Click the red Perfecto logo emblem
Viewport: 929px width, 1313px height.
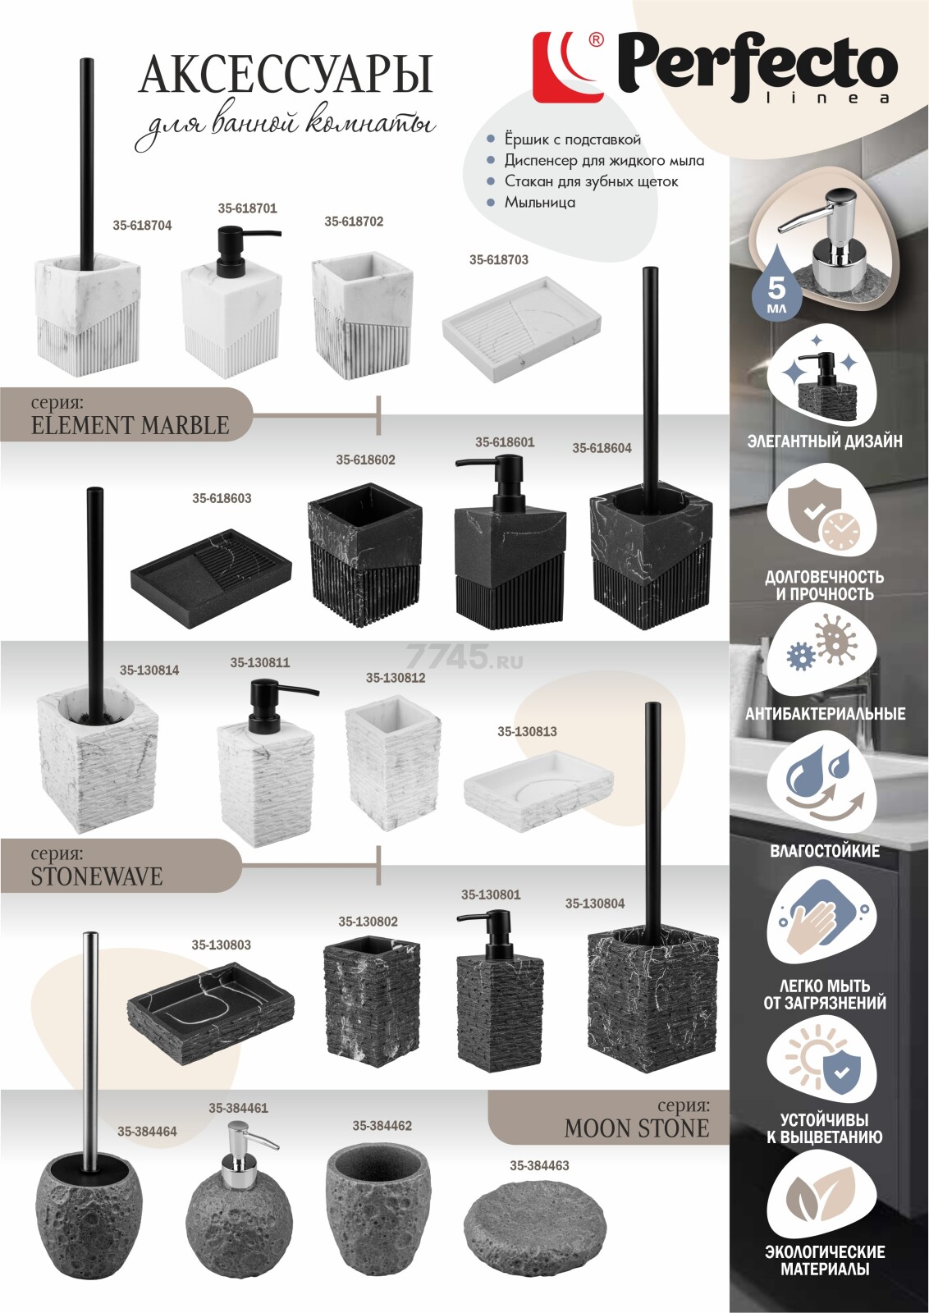[x=567, y=67]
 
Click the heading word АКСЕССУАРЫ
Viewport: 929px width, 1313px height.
[x=285, y=75]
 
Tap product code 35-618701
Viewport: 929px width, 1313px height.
[x=247, y=208]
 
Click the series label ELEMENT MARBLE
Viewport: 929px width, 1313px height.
[x=130, y=425]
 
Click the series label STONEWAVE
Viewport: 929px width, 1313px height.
[x=97, y=876]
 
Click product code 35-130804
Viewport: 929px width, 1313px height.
[x=594, y=904]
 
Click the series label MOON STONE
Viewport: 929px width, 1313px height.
[x=636, y=1129]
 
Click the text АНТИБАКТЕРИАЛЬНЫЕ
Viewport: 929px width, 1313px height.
[x=825, y=714]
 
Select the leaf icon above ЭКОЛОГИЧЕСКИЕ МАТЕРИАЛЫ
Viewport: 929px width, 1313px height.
[x=821, y=1199]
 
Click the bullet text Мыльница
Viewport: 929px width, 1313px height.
[x=539, y=202]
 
